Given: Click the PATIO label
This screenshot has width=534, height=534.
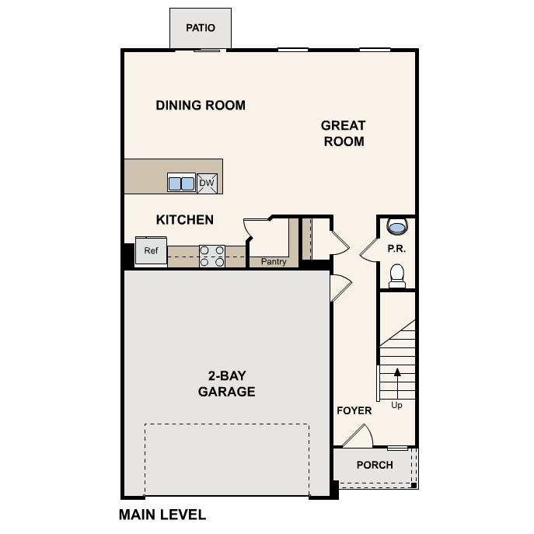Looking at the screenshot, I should click(200, 28).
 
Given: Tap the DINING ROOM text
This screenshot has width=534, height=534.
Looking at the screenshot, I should click(201, 105).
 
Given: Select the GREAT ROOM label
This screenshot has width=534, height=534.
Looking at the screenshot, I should click(343, 133).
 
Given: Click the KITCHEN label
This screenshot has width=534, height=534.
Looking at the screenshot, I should click(185, 220).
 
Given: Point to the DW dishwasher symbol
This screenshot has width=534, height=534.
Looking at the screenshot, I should click(207, 183).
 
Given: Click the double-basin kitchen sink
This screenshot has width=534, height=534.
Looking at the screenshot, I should click(182, 183).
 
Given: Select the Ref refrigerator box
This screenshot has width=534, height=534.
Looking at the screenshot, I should click(151, 251).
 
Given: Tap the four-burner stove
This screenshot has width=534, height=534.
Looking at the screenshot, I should click(212, 256).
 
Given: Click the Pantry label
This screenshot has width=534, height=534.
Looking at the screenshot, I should click(274, 262).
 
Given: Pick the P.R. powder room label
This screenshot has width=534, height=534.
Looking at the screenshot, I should click(397, 250).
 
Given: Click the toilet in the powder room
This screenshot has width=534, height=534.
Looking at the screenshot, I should click(397, 275).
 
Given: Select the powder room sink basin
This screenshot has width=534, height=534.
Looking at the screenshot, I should click(397, 227).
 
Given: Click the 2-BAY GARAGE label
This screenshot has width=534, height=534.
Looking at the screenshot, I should click(226, 383).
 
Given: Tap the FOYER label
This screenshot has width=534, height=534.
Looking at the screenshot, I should click(354, 410).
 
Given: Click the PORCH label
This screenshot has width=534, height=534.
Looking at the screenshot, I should click(375, 465).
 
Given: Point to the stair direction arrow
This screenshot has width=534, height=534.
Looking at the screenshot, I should click(397, 381).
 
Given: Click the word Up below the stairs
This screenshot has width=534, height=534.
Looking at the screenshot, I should click(397, 405).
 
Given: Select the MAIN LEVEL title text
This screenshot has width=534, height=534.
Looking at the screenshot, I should click(162, 515).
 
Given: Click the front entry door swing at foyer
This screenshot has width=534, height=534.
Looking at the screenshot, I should click(358, 437).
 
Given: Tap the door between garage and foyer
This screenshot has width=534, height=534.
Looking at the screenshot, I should click(339, 289).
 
